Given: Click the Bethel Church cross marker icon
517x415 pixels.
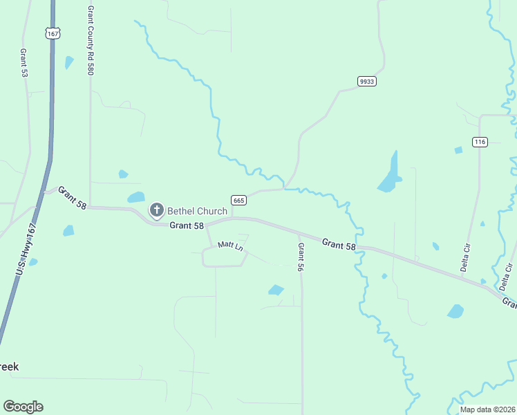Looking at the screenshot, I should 157,210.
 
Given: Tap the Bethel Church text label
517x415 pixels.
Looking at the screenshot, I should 197,210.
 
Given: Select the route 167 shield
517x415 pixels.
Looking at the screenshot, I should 53,33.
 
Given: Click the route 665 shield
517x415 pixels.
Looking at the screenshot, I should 238,201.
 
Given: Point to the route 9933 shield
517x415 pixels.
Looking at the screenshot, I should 366,82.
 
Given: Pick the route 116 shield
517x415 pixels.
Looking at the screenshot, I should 480,142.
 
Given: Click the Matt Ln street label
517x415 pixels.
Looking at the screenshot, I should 230,246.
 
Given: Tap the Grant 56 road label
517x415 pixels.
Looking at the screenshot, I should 301,257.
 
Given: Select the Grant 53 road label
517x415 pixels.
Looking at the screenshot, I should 24,62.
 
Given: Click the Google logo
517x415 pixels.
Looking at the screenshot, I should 23,407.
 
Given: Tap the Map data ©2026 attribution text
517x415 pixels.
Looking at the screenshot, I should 487,409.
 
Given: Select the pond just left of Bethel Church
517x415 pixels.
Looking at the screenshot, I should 136,198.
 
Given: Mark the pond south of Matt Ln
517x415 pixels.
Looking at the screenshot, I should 276,290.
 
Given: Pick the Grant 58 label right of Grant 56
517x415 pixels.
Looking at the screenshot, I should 339,244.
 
